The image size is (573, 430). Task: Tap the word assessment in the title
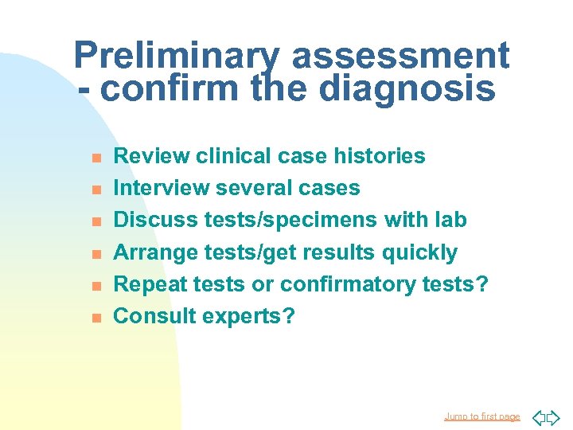pyautogui.click(x=400, y=56)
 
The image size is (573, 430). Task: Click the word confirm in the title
pyautogui.click(x=170, y=89)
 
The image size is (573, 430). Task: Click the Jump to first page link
pyautogui.click(x=482, y=416)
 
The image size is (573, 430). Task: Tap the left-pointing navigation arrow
pyautogui.click(x=538, y=416)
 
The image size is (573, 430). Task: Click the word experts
pyautogui.click(x=248, y=317)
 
